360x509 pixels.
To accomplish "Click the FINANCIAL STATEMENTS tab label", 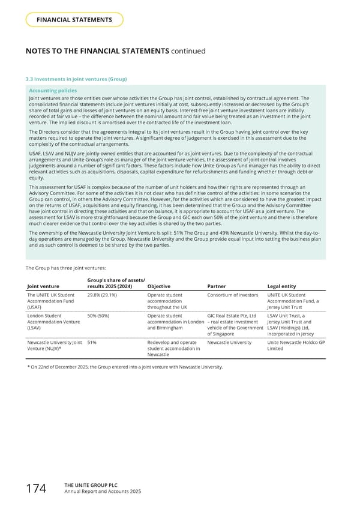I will [75, 20].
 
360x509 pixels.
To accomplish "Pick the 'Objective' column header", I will [159, 286].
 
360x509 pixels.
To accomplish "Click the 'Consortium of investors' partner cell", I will [231, 295].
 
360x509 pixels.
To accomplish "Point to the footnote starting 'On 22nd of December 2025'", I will [126, 366].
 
